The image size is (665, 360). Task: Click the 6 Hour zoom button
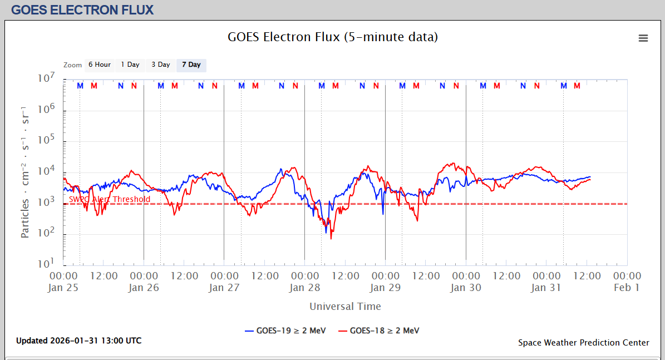pyautogui.click(x=99, y=65)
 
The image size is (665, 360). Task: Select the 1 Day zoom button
pyautogui.click(x=130, y=65)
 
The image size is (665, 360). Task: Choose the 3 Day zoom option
pyautogui.click(x=161, y=65)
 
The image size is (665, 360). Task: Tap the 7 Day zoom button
pyautogui.click(x=191, y=65)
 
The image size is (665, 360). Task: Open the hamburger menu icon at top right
pyautogui.click(x=643, y=38)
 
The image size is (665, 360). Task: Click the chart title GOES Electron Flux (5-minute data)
pyautogui.click(x=333, y=37)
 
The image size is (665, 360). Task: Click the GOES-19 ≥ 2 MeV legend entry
pyautogui.click(x=285, y=331)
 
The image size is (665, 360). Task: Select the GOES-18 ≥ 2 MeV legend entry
pyautogui.click(x=379, y=331)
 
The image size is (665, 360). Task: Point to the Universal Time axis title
pyautogui.click(x=345, y=307)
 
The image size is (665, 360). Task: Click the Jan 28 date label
pyautogui.click(x=304, y=288)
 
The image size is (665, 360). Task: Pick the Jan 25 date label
pyautogui.click(x=63, y=288)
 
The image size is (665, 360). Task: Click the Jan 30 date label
pyautogui.click(x=466, y=288)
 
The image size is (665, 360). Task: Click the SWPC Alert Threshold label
pyautogui.click(x=110, y=199)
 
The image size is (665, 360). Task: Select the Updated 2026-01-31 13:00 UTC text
pyautogui.click(x=78, y=341)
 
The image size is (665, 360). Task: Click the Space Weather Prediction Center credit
pyautogui.click(x=583, y=343)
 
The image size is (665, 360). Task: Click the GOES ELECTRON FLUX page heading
pyautogui.click(x=82, y=10)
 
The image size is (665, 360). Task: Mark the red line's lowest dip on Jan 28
pyautogui.click(x=331, y=239)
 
